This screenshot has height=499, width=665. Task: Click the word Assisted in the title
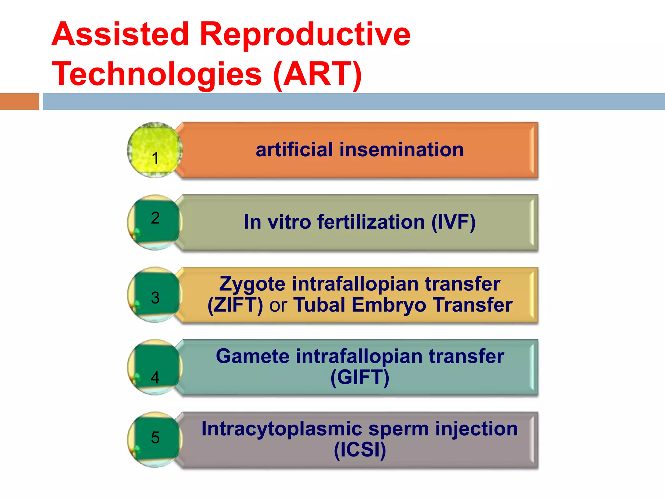pyautogui.click(x=120, y=34)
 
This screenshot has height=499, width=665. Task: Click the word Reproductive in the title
pyautogui.click(x=305, y=34)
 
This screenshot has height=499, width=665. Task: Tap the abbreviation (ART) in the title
pyautogui.click(x=318, y=74)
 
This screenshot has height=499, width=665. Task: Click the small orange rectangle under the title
pyautogui.click(x=19, y=101)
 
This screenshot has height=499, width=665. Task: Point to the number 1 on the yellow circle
pyautogui.click(x=155, y=158)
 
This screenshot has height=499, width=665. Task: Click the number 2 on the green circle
pyautogui.click(x=155, y=218)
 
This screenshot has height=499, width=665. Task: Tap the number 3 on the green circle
pyautogui.click(x=155, y=298)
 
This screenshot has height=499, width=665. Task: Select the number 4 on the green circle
pyautogui.click(x=155, y=377)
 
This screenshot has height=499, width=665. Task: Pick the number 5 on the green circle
pyautogui.click(x=155, y=437)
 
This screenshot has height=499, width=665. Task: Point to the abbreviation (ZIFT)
pyautogui.click(x=235, y=305)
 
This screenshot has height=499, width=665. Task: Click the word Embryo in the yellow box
pyautogui.click(x=389, y=305)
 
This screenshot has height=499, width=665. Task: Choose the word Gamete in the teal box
pyautogui.click(x=253, y=356)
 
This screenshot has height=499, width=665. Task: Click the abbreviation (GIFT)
pyautogui.click(x=360, y=377)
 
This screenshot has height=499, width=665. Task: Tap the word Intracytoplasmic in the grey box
pyautogui.click(x=282, y=429)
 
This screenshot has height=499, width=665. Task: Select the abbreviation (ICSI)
pyautogui.click(x=360, y=450)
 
